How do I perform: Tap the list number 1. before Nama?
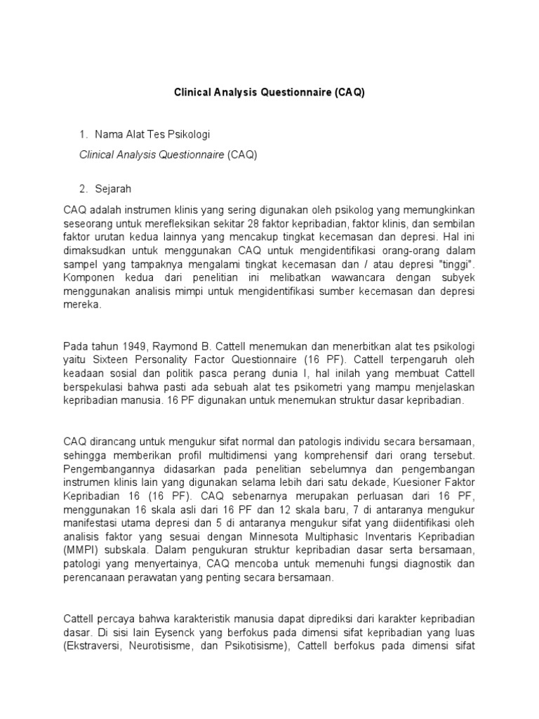click(84, 133)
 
